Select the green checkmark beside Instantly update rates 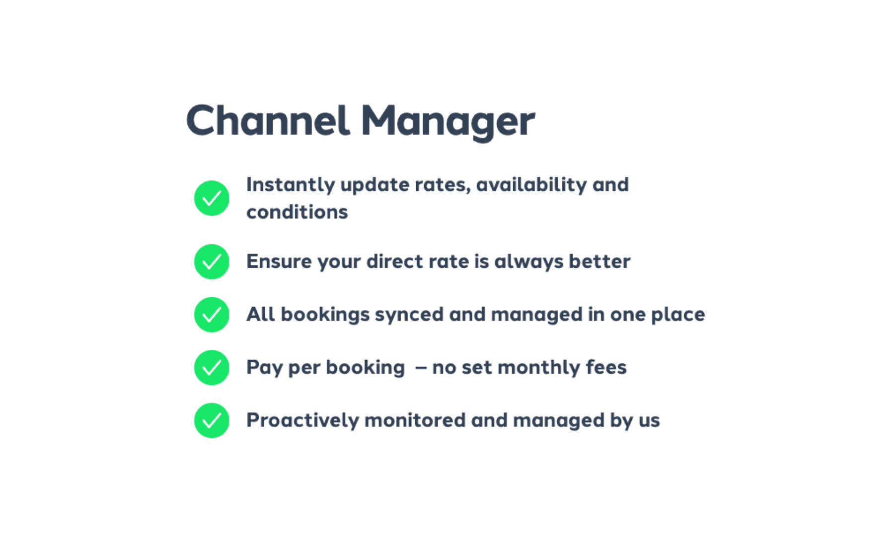(x=212, y=198)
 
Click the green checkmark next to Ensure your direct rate (x=212, y=261)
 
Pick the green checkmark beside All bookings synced (x=212, y=315)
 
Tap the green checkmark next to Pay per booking (x=212, y=368)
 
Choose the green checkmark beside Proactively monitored (x=212, y=420)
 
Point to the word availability (x=531, y=185)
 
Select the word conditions (x=297, y=212)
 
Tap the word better (x=599, y=261)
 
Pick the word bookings (x=325, y=315)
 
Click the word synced (x=409, y=315)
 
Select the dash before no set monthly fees (x=421, y=368)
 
